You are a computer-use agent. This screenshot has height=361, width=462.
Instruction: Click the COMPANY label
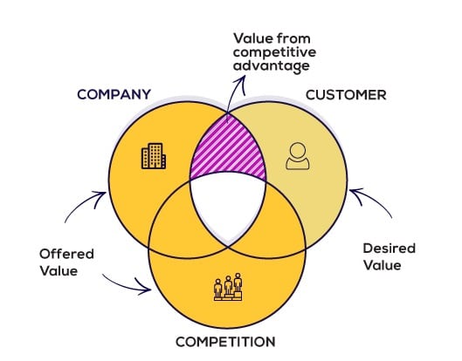[114, 94]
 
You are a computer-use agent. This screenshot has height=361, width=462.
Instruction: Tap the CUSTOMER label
[346, 95]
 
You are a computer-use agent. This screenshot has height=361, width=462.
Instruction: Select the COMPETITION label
[225, 342]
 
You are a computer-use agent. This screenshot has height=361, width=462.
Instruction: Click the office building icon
[154, 156]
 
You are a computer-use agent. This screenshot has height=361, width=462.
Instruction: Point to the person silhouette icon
[298, 156]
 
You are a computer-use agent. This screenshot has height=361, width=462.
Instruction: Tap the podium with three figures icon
[228, 287]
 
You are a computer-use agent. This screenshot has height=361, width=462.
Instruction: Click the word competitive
[274, 52]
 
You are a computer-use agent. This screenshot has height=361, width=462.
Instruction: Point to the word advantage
[272, 66]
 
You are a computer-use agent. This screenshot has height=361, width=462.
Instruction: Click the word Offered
[66, 254]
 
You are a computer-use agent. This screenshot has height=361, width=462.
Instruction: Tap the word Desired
[390, 248]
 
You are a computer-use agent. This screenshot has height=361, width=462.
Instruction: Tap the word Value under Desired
[383, 265]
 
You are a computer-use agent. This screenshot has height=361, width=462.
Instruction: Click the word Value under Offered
[59, 271]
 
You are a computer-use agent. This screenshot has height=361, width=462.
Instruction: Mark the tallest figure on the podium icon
[238, 283]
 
